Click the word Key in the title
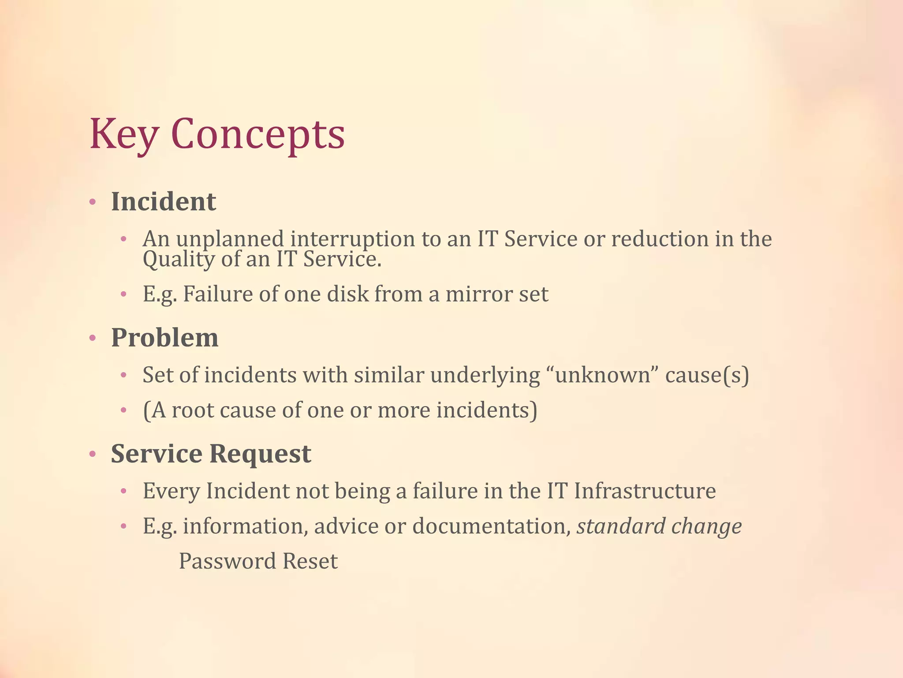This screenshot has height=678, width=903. pyautogui.click(x=123, y=134)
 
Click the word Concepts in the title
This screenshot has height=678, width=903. pyautogui.click(x=257, y=134)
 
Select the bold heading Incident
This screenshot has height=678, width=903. pyautogui.click(x=163, y=202)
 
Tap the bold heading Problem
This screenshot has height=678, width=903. pyautogui.click(x=164, y=338)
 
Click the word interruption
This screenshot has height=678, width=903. pyautogui.click(x=352, y=239)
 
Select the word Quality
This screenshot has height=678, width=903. pyautogui.click(x=179, y=259)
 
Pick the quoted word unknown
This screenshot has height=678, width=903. pyautogui.click(x=602, y=375)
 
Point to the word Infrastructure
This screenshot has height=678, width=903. pyautogui.click(x=645, y=491)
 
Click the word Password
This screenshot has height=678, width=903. pyautogui.click(x=227, y=561)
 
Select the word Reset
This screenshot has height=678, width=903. pyautogui.click(x=310, y=561)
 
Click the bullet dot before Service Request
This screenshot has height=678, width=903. pyautogui.click(x=93, y=454)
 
